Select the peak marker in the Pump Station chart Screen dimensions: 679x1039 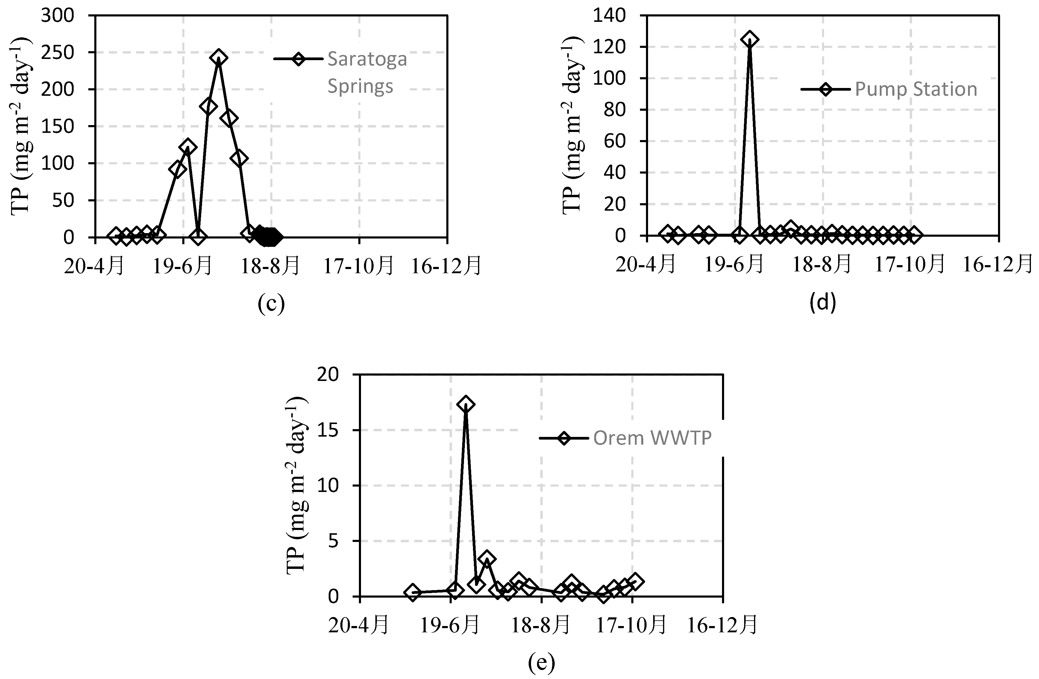click(750, 39)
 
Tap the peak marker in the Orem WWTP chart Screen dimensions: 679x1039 click(466, 404)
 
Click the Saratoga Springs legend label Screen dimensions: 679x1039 click(367, 72)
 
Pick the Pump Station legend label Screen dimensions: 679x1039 click(915, 89)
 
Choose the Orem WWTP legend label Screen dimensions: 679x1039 click(652, 438)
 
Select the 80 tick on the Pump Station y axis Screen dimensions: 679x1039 click(615, 110)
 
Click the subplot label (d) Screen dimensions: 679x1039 click(823, 303)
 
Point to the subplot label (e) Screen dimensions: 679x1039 click(541, 663)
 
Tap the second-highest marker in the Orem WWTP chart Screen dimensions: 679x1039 click(487, 559)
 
